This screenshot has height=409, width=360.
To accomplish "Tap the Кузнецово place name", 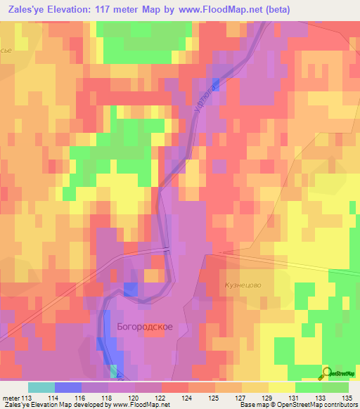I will [243, 285].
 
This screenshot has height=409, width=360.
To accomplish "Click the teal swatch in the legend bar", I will [41, 387].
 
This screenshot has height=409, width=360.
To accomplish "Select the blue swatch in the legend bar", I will [68, 387].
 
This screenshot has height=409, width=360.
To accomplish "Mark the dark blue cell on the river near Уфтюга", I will [215, 84].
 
